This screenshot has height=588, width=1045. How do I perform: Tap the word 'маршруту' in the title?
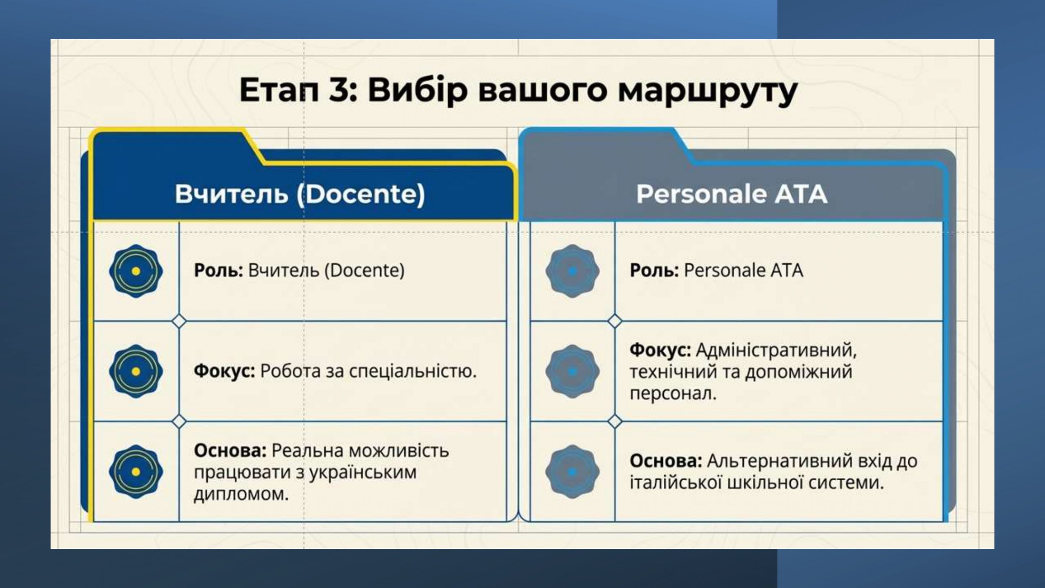707,93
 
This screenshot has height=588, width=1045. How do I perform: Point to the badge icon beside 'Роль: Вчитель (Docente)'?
136,271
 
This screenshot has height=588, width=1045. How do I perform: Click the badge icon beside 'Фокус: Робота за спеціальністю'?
136,371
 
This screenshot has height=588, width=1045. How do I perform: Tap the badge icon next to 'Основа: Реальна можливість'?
136,472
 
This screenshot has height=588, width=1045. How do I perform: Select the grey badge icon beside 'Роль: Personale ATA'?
572,271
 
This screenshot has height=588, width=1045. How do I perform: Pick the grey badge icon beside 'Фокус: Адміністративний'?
572,371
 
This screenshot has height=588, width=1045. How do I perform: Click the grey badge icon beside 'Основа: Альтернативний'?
572,472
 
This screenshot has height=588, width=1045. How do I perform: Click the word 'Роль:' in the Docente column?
218,270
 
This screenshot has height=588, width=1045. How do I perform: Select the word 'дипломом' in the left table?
241,494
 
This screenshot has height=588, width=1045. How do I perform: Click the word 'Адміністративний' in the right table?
776,350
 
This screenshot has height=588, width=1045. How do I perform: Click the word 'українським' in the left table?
362,473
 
